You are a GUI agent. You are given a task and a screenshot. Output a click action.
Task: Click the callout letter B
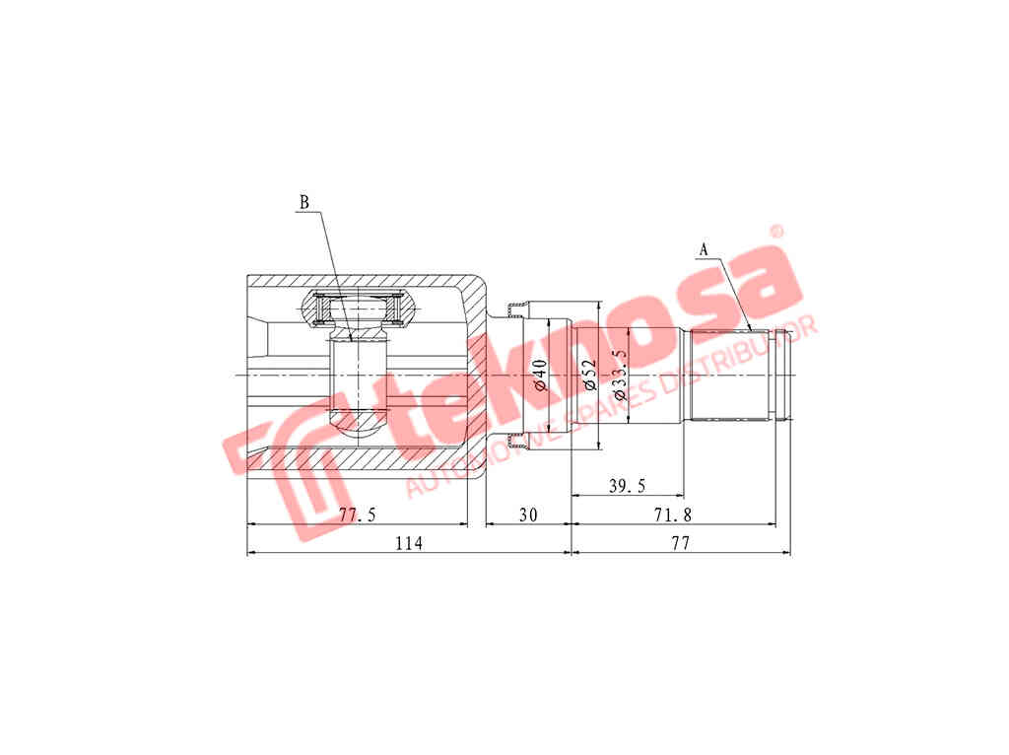coord(303,202)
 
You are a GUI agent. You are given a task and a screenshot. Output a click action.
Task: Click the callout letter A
coord(704,249)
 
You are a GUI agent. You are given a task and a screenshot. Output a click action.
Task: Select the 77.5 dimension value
coord(357,515)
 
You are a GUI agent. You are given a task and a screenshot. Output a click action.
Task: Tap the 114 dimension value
coord(409,543)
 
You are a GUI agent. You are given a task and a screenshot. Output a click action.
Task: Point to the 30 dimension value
coord(528,515)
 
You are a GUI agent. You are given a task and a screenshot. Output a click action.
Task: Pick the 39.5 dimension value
coord(627,485)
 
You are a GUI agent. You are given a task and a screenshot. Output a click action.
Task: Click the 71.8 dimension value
coord(672,515)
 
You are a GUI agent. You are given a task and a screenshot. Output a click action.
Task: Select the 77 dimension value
coord(680,543)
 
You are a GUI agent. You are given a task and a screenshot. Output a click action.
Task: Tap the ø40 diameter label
coord(540,375)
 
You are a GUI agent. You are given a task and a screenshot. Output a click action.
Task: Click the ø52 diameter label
coord(590,375)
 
